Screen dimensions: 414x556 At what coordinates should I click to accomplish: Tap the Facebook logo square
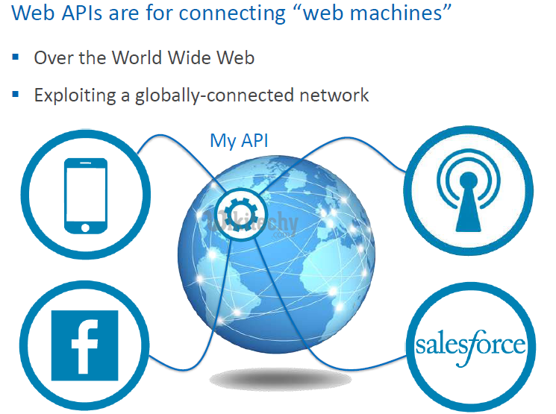tap(84, 345)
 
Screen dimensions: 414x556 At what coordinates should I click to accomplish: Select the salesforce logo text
tap(470, 345)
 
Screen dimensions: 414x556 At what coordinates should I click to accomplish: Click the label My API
tap(239, 140)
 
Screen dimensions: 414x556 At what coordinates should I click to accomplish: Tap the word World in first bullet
tap(145, 57)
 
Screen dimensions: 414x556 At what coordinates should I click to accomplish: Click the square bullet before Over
tap(15, 57)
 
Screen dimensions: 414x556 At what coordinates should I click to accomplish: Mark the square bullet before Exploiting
tap(15, 94)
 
